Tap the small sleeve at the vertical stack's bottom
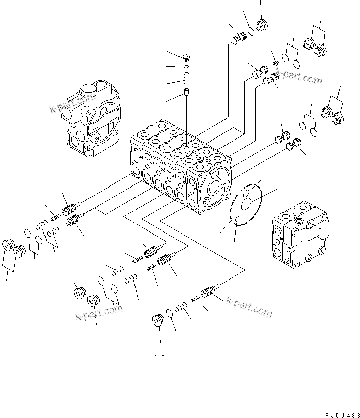point(186,93)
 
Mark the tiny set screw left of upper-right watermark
point(276,63)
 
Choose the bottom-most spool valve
point(208,292)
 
